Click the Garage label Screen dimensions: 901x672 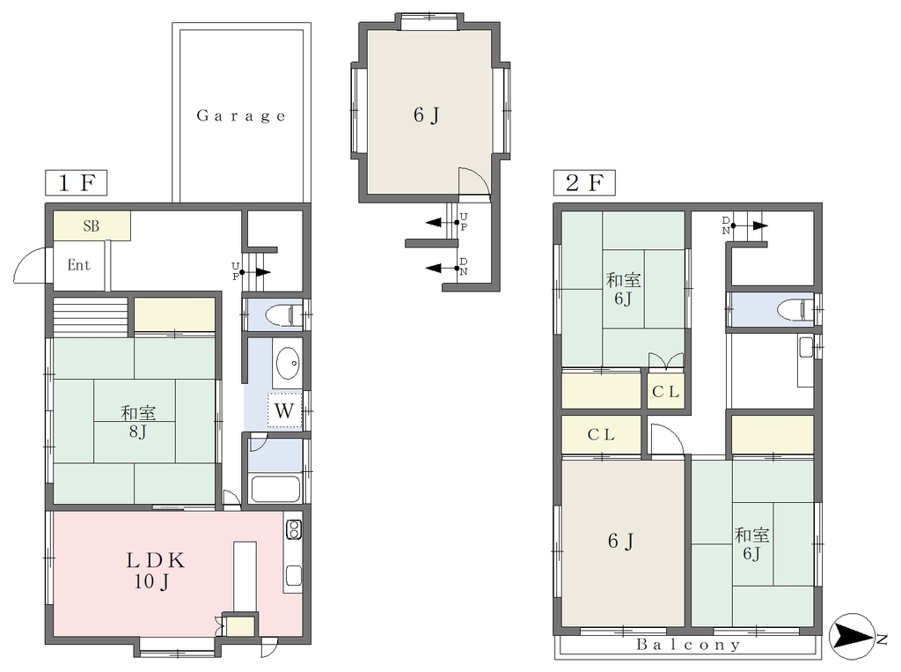click(x=241, y=116)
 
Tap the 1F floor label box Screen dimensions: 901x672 click(x=76, y=183)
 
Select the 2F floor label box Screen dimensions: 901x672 click(x=584, y=183)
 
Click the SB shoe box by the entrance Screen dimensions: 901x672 click(x=92, y=226)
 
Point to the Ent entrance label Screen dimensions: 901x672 click(x=78, y=265)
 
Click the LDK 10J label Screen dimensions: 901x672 click(x=155, y=571)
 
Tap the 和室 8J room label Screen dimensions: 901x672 click(x=138, y=422)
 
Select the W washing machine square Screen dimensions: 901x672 click(x=284, y=410)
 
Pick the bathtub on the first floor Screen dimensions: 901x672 click(x=276, y=490)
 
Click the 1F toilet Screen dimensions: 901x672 click(x=282, y=315)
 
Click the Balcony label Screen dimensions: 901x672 click(x=688, y=645)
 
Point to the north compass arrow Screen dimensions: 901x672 click(x=853, y=636)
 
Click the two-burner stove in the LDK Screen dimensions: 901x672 click(x=293, y=530)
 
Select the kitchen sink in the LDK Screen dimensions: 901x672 click(x=294, y=575)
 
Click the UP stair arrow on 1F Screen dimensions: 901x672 click(x=256, y=272)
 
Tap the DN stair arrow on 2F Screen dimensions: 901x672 click(x=750, y=225)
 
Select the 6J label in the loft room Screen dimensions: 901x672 click(x=426, y=115)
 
